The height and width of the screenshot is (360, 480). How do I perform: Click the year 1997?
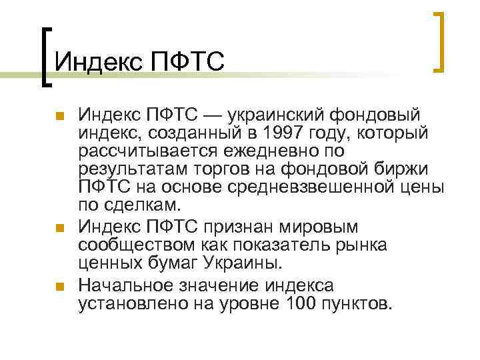(275, 133)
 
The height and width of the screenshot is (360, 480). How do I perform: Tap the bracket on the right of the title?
(438, 41)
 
